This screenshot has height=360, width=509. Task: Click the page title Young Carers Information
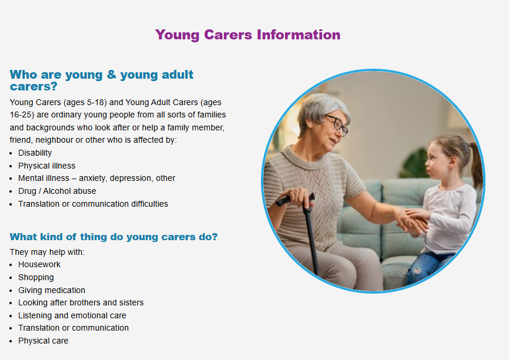tap(247, 35)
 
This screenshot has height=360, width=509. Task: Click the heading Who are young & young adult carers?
tap(102, 80)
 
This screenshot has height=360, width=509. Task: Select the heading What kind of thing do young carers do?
tap(113, 237)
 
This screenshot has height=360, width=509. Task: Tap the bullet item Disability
tap(35, 153)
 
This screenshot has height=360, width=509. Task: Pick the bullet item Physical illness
tap(47, 166)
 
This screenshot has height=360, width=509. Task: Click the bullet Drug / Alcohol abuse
tap(57, 191)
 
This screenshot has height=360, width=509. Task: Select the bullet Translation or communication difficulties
tap(93, 204)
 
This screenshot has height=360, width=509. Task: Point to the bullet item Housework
tap(39, 265)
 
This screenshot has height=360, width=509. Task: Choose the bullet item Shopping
tap(36, 278)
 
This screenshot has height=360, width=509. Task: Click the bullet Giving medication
tap(52, 290)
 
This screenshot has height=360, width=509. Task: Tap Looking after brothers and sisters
tap(81, 302)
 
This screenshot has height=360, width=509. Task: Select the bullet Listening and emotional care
tap(72, 315)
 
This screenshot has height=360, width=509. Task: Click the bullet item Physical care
tap(43, 341)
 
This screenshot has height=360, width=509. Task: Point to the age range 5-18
tap(97, 103)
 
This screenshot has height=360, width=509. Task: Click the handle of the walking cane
tap(294, 199)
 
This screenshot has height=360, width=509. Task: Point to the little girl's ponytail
tap(476, 166)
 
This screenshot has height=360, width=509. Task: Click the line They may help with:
tap(47, 252)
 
